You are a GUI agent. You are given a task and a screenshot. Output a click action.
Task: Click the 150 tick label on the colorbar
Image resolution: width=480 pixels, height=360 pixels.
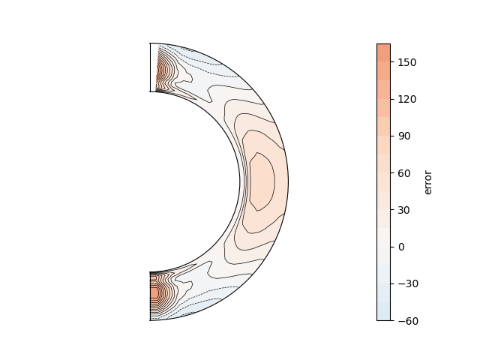tap(407, 62)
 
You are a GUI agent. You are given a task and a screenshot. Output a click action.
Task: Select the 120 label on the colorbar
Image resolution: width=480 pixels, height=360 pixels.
tap(407, 99)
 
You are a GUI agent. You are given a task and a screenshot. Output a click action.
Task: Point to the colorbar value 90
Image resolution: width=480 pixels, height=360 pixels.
tap(404, 136)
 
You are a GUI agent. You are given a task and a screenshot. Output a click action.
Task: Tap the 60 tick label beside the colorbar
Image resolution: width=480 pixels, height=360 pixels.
tap(404, 173)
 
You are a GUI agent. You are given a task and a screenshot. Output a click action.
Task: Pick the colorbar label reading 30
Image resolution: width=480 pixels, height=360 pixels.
tap(404, 210)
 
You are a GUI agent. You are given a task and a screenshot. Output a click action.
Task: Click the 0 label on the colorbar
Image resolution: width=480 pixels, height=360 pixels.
tap(401, 247)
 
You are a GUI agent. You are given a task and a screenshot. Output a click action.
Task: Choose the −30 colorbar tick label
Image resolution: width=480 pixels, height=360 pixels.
tap(408, 284)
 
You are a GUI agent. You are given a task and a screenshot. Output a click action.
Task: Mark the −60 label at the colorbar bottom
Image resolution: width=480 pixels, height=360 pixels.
tap(408, 321)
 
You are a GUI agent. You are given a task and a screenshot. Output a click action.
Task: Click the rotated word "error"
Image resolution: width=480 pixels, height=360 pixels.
tap(428, 182)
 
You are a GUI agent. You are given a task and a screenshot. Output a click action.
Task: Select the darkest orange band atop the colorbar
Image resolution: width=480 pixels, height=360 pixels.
tap(383, 53)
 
